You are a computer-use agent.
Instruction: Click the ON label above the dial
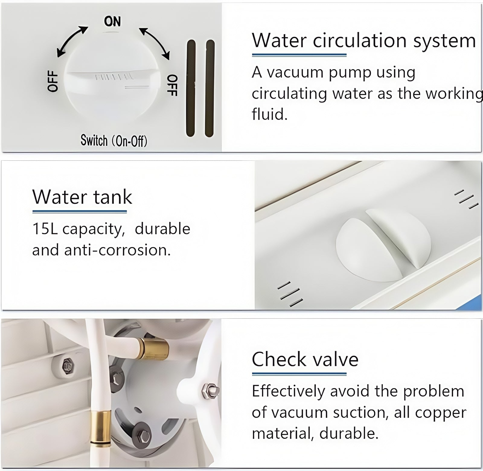click(112, 21)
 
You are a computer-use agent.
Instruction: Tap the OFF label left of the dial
click(53, 81)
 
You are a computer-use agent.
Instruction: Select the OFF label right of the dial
click(172, 85)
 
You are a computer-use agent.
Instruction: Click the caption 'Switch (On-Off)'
click(114, 141)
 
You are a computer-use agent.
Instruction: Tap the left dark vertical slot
click(191, 88)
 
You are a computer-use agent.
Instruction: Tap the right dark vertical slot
click(210, 88)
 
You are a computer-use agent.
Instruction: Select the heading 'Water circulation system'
click(364, 40)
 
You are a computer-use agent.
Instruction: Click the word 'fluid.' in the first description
click(270, 114)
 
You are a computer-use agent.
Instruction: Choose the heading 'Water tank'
click(82, 197)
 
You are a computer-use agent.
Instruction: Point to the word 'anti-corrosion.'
click(117, 250)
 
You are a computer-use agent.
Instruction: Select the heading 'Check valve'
click(305, 360)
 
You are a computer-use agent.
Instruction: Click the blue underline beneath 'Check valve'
click(299, 374)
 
